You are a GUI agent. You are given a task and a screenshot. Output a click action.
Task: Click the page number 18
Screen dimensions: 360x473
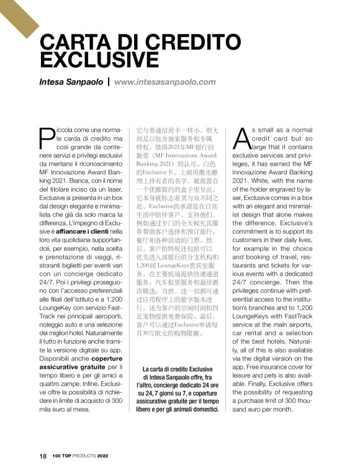[43, 456]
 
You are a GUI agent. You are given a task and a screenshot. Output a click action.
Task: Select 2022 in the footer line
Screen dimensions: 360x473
[103, 456]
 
